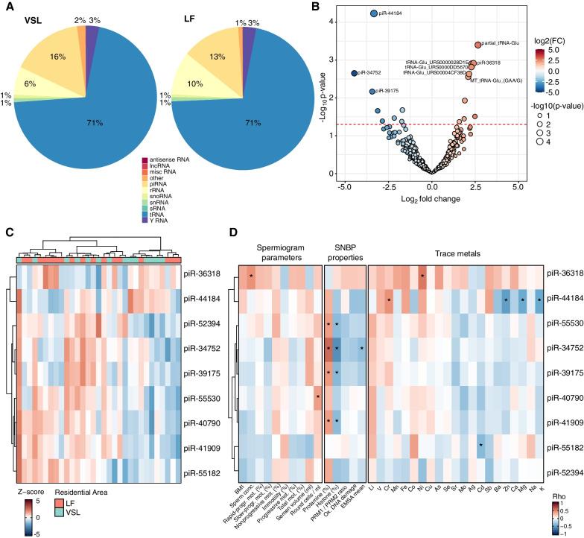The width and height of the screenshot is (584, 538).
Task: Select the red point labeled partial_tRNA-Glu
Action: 478,45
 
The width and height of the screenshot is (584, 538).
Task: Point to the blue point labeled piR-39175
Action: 372,91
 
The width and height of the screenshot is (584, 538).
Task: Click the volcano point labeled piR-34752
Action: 354,73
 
